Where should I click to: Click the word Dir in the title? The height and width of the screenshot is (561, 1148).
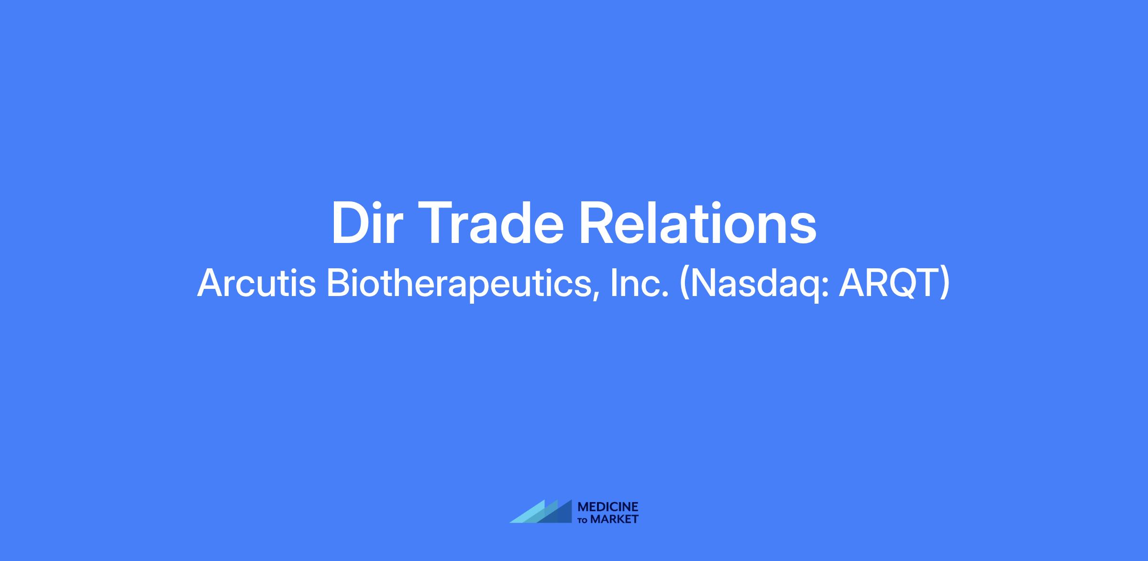coord(365,224)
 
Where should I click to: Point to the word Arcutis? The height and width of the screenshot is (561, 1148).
coord(257,283)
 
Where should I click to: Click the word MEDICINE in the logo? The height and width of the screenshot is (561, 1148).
coord(608,507)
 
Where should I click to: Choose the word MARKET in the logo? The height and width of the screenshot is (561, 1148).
coord(615,519)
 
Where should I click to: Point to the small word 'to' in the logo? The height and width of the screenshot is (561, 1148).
coord(583,520)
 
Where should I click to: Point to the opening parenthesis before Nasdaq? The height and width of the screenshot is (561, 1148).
coord(684,285)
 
